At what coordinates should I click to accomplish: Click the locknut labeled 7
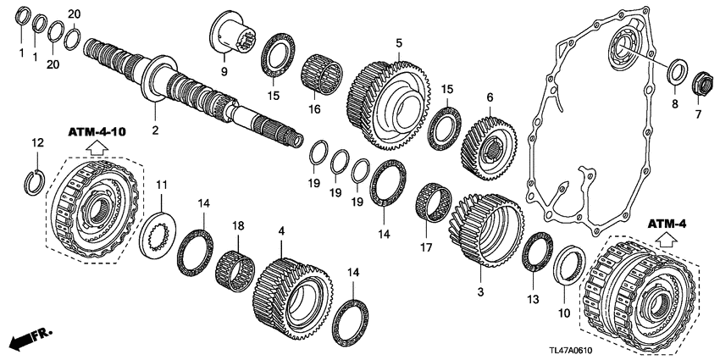pos(701,85)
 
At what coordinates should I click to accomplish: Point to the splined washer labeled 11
pos(158,230)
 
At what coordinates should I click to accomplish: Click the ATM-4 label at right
pos(668,224)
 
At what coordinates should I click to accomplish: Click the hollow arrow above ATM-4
pos(667,240)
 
